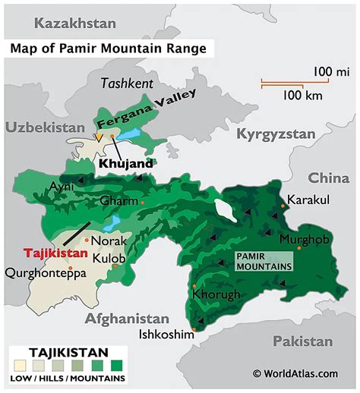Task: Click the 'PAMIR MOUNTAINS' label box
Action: click(261, 262)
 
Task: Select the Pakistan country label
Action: click(302, 341)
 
